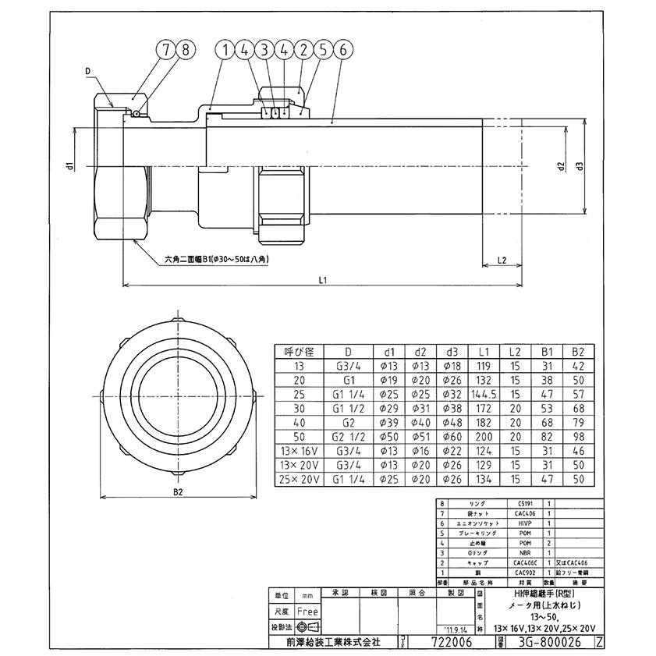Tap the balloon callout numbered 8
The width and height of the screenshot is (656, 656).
pos(185,48)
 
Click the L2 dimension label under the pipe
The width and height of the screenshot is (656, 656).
pos(502,261)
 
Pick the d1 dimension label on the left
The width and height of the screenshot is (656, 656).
pos(69,165)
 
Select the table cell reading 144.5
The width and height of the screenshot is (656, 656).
pos(484,394)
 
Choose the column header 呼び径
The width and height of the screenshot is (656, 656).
pos(299,352)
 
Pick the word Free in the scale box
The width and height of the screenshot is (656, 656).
pos(307,612)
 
